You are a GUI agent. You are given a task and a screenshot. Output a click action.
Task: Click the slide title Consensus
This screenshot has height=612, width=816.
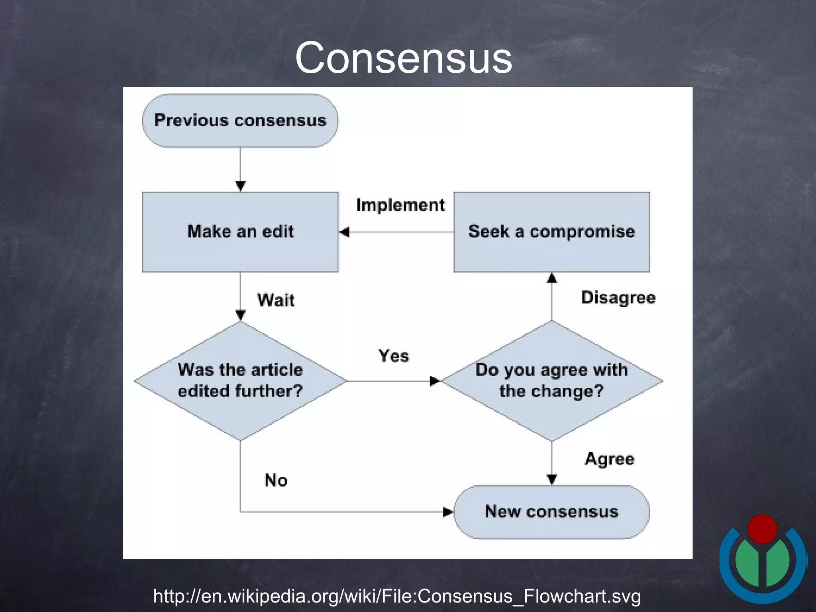pyautogui.click(x=403, y=58)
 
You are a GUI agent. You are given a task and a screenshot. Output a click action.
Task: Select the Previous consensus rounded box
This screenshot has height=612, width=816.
pyautogui.click(x=240, y=121)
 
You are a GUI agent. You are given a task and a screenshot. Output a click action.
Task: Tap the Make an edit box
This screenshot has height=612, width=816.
pyautogui.click(x=240, y=232)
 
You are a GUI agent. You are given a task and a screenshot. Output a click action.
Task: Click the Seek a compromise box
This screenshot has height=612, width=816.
pyautogui.click(x=551, y=232)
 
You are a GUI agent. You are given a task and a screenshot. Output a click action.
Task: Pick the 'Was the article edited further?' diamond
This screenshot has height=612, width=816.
pyautogui.click(x=240, y=381)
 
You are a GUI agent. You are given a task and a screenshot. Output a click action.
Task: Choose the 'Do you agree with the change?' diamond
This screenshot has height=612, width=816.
pyautogui.click(x=551, y=381)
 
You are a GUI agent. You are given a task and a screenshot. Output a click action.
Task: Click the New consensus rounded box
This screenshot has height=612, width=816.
pyautogui.click(x=551, y=512)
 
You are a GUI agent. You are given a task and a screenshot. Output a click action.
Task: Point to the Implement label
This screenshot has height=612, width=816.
pyautogui.click(x=400, y=205)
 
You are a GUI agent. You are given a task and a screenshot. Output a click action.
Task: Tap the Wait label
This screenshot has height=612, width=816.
pyautogui.click(x=276, y=300)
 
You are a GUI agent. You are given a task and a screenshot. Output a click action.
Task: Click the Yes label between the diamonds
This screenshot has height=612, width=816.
pyautogui.click(x=393, y=356)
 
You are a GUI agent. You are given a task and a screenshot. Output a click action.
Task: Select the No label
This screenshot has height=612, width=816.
pyautogui.click(x=276, y=481)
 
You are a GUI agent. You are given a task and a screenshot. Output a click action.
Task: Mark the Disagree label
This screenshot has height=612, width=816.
pyautogui.click(x=618, y=298)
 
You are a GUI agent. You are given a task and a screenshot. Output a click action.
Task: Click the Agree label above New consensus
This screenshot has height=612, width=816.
pyautogui.click(x=609, y=459)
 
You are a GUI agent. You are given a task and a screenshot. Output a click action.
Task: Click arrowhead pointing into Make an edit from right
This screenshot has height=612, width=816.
pyautogui.click(x=345, y=232)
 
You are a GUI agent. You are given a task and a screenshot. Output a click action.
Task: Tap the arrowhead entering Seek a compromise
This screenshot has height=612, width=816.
pyautogui.click(x=551, y=278)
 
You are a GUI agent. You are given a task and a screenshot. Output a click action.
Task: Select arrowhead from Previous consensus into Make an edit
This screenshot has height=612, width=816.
pyautogui.click(x=240, y=186)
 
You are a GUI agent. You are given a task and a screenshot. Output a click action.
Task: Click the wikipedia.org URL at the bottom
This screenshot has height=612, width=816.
pyautogui.click(x=397, y=596)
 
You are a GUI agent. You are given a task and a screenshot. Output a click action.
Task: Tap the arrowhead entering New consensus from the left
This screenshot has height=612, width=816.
pyautogui.click(x=448, y=512)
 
